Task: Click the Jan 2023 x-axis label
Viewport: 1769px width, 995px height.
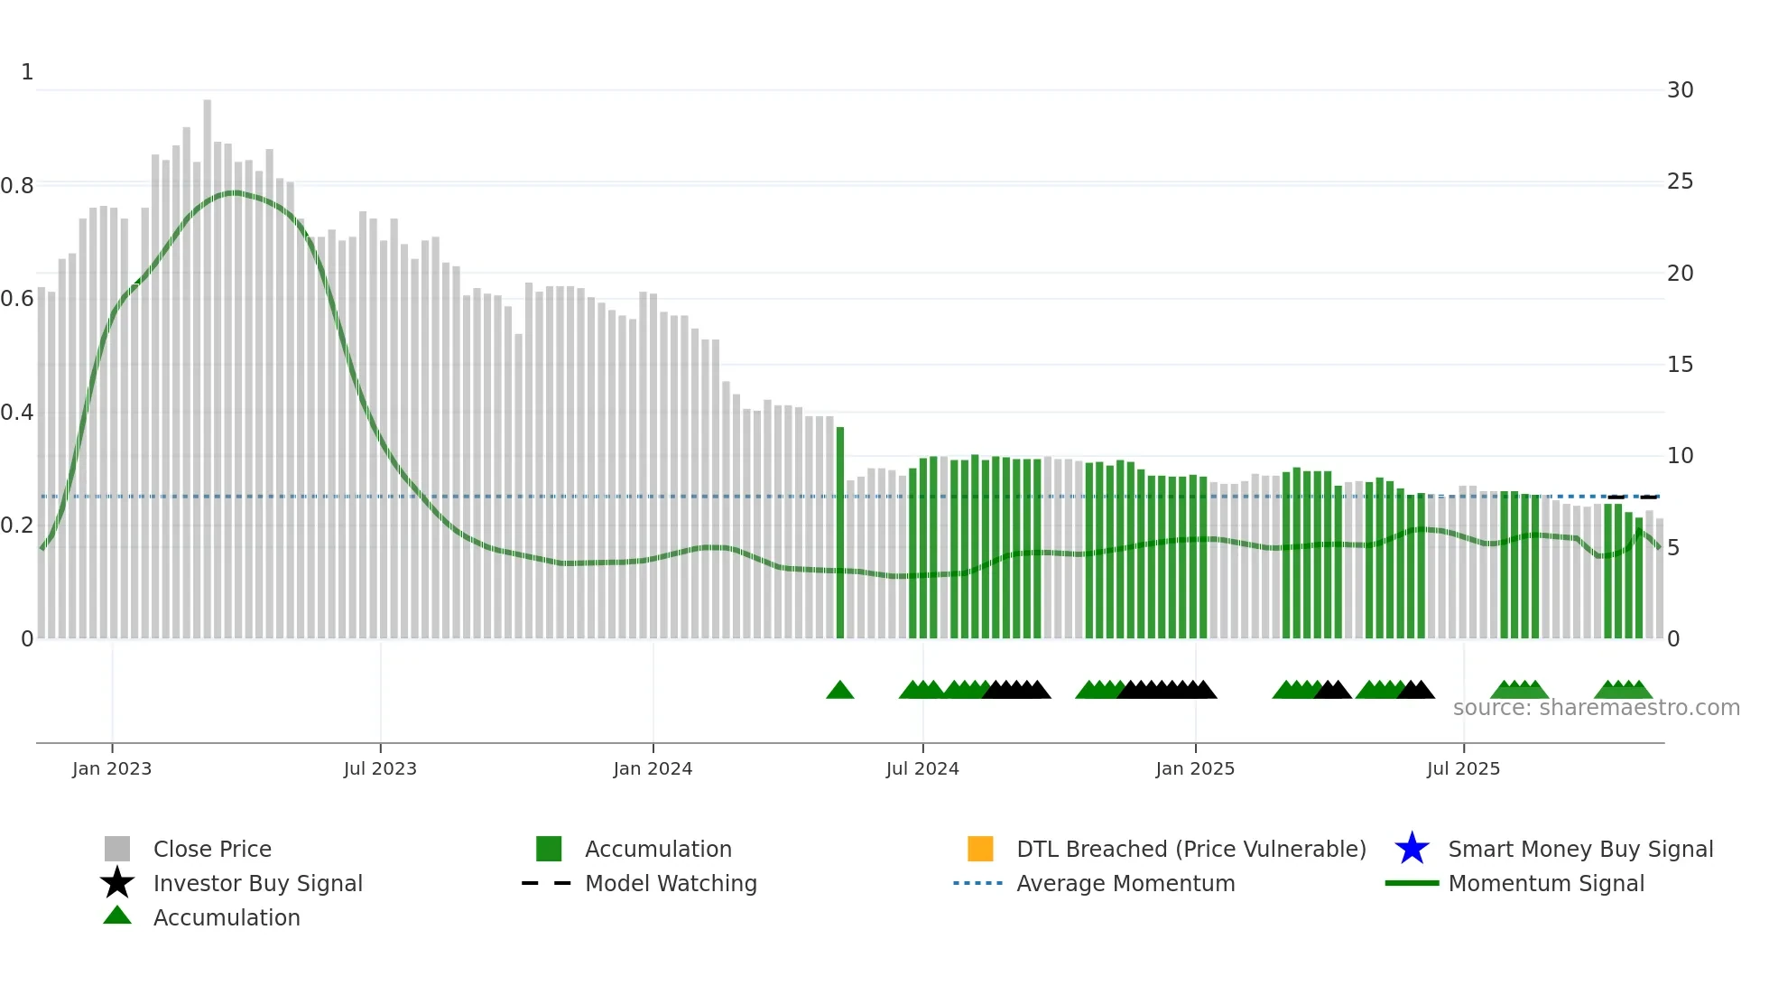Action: pyautogui.click(x=112, y=768)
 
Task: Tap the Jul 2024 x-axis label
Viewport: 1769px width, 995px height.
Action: pyautogui.click(x=922, y=768)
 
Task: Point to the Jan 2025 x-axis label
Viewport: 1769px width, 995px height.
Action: pyautogui.click(x=1195, y=768)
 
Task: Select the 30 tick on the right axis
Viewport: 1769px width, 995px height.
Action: pyautogui.click(x=1680, y=90)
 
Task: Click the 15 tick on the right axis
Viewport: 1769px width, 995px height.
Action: pyautogui.click(x=1680, y=365)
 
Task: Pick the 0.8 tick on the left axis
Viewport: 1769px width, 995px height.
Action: pyautogui.click(x=18, y=186)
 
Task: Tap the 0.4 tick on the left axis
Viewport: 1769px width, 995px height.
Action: pyautogui.click(x=18, y=413)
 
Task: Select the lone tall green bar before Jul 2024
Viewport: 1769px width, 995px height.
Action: pyautogui.click(x=840, y=533)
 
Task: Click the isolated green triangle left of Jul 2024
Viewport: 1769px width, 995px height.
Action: pyautogui.click(x=840, y=691)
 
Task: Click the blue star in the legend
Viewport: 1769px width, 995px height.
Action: pyautogui.click(x=1412, y=849)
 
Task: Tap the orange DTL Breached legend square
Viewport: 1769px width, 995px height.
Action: pyautogui.click(x=980, y=849)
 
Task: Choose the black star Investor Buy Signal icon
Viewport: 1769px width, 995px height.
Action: pyautogui.click(x=117, y=883)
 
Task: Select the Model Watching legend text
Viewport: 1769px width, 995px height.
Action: pyautogui.click(x=671, y=883)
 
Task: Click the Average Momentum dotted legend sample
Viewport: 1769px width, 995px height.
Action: pyautogui.click(x=977, y=883)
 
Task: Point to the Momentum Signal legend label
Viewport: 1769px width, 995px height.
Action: pyautogui.click(x=1546, y=883)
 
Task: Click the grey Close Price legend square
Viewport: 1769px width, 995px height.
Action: pyautogui.click(x=117, y=849)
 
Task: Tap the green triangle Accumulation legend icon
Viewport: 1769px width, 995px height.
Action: pyautogui.click(x=117, y=916)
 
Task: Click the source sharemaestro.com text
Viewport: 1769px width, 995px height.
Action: pyautogui.click(x=1596, y=708)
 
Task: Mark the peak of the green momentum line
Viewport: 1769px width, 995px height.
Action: pyautogui.click(x=234, y=192)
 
